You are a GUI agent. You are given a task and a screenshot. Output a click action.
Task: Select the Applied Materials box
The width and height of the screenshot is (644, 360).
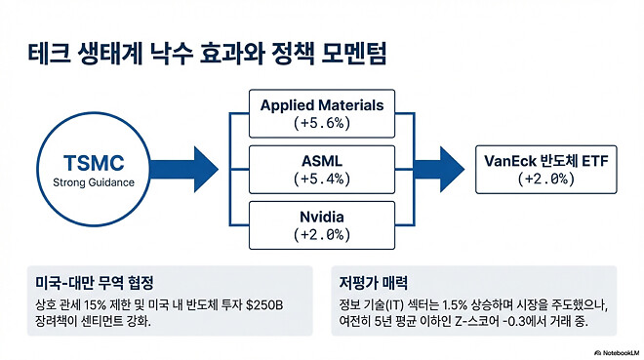click(323, 112)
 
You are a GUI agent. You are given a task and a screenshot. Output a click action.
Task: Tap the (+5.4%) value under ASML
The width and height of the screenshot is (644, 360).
click(323, 180)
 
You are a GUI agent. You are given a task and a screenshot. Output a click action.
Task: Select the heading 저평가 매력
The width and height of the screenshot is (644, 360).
click(372, 282)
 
